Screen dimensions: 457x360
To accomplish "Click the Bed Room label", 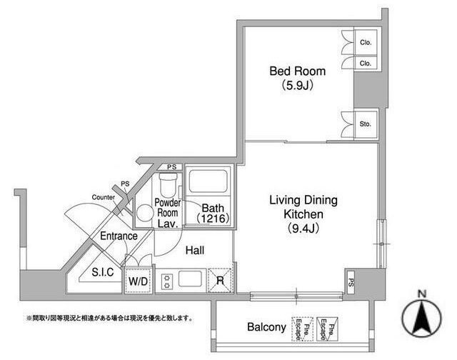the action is [x=297, y=71].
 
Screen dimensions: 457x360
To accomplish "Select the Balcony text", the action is [x=266, y=327].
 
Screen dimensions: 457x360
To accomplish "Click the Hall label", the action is [x=195, y=250].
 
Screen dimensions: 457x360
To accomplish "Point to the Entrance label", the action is [x=119, y=236].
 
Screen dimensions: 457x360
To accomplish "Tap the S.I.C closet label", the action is [x=103, y=272].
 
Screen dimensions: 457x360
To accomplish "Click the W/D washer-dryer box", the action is [x=138, y=281].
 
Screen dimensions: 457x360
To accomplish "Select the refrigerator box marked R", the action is [x=220, y=281].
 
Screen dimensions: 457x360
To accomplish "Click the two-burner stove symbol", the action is [x=167, y=281].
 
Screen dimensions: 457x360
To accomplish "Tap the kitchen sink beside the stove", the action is [x=191, y=279].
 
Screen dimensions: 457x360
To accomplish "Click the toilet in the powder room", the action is [x=169, y=185].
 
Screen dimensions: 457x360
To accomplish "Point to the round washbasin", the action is [x=144, y=213].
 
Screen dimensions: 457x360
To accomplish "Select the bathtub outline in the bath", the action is [x=208, y=181].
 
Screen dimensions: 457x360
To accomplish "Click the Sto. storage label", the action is [x=365, y=124].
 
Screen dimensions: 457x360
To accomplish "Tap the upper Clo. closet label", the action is [x=366, y=43].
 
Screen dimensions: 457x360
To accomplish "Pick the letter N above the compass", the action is [x=421, y=294].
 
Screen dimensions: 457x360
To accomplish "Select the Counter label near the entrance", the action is [x=103, y=197].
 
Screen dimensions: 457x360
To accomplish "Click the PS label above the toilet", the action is [x=171, y=167].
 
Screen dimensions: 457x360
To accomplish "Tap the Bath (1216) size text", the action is [x=213, y=213].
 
